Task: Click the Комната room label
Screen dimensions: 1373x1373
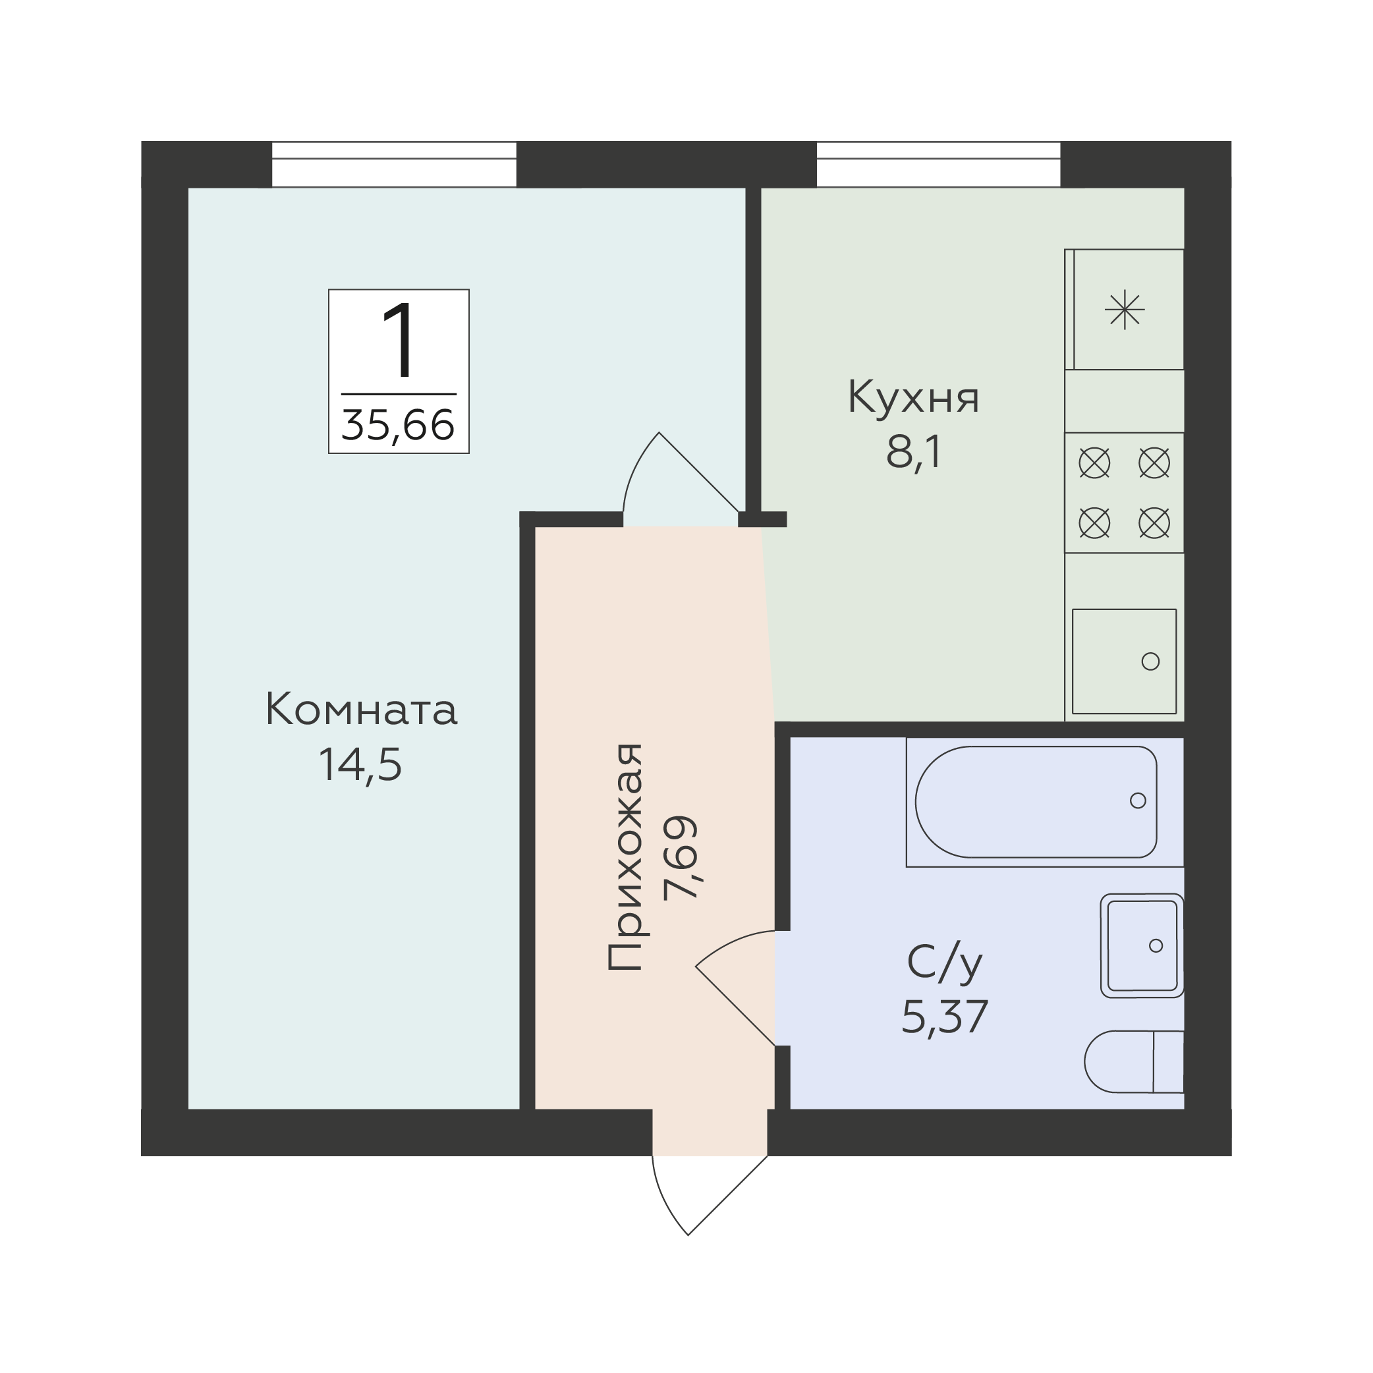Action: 361,710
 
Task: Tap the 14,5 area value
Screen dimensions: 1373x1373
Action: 360,765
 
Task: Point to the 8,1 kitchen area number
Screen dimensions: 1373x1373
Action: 914,452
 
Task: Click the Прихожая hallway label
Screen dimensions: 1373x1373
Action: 625,857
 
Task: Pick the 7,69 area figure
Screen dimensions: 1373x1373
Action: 680,858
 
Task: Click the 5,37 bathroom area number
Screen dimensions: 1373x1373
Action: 945,1017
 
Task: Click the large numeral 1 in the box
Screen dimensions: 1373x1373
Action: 399,340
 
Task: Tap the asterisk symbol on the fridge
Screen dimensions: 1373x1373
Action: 1125,310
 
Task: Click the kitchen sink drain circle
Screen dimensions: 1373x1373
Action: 1150,661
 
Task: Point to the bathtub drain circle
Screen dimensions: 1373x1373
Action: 1138,800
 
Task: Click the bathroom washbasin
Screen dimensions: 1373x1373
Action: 1142,946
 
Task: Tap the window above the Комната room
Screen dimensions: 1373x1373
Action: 395,164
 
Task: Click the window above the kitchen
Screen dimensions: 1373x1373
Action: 938,164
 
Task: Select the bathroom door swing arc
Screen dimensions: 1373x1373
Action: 729,941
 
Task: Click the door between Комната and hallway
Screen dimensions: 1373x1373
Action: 681,480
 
